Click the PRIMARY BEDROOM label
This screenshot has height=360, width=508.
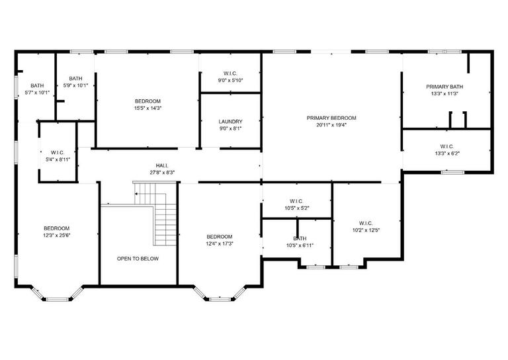tap(331, 118)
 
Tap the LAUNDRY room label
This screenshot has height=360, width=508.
tap(230, 122)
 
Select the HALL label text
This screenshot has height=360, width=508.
tap(161, 166)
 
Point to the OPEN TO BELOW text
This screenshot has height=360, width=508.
tap(138, 258)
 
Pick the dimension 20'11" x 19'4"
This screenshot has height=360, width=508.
tap(331, 124)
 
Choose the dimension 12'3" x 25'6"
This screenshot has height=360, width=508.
tap(56, 235)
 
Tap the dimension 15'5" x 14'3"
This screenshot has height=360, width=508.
tap(148, 108)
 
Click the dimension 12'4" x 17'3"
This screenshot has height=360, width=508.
tap(219, 244)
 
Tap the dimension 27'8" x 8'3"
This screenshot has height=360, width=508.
tap(161, 173)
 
